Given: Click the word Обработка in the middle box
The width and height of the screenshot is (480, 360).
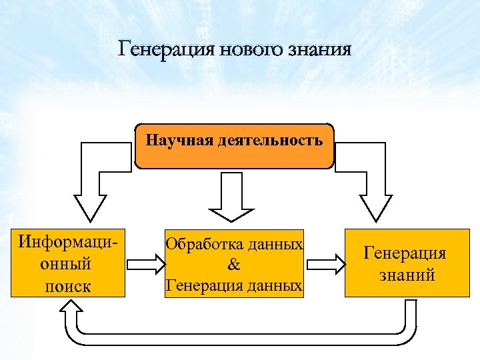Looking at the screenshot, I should click(203, 244).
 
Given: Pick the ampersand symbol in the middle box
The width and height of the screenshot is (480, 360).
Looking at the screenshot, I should click(234, 265).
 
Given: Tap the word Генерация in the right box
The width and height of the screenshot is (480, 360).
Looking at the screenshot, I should click(405, 253).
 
